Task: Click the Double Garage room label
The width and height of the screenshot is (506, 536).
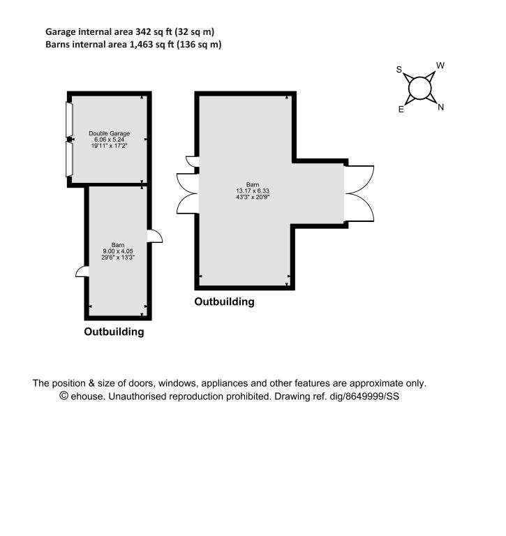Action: coord(109,133)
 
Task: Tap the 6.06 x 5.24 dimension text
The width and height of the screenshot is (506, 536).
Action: coord(109,140)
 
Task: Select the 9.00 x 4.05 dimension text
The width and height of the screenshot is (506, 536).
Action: coord(118,251)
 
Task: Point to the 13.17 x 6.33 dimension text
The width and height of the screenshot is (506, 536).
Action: coord(253,191)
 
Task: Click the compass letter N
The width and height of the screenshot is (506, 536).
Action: coord(440,107)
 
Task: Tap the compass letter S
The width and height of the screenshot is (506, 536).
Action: coord(399,69)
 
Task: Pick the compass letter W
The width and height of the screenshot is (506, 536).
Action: coord(440,66)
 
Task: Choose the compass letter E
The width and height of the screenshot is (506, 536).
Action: coord(401,110)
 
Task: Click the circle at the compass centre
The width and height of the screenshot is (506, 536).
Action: coord(419,88)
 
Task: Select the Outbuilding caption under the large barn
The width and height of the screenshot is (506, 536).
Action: coord(224,301)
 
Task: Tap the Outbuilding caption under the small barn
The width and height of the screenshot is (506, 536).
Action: coord(114,332)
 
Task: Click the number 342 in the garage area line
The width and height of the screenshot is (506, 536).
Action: coord(143,32)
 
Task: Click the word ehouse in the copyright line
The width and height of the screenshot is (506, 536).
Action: coord(87,396)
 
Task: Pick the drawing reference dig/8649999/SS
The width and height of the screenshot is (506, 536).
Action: coord(364,396)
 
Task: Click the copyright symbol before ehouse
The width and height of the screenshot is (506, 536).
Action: coord(64,396)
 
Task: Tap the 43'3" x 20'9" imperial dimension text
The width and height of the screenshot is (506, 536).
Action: coord(253,197)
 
